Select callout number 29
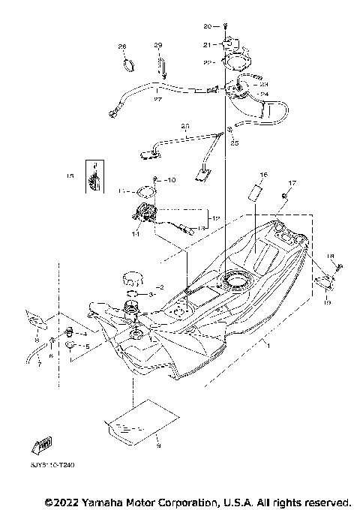158,46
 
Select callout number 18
329,256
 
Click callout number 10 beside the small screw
170,180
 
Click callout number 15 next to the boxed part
70,177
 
